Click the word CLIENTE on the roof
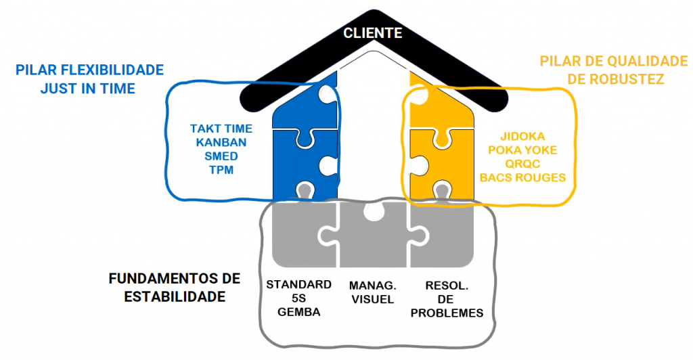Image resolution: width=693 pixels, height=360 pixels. point(373,32)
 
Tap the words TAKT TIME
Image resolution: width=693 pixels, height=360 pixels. point(221,129)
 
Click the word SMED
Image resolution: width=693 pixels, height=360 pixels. point(221,156)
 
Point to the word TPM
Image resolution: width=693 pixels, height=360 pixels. point(221,170)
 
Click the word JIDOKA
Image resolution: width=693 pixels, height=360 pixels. point(522,136)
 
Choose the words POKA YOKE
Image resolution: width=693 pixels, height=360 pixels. point(522,150)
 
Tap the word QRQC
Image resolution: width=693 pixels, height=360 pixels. point(522,164)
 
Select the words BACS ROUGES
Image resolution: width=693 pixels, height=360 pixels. point(522,177)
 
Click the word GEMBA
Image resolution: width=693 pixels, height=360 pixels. point(298,312)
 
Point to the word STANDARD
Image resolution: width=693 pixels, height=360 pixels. point(298,284)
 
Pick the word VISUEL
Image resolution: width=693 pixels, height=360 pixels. point(372,298)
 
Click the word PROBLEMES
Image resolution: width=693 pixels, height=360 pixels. point(447,312)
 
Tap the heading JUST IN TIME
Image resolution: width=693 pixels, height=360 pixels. point(88,88)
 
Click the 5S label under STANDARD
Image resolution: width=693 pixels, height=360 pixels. point(298,298)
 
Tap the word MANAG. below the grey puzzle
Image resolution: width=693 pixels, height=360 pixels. point(372,284)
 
